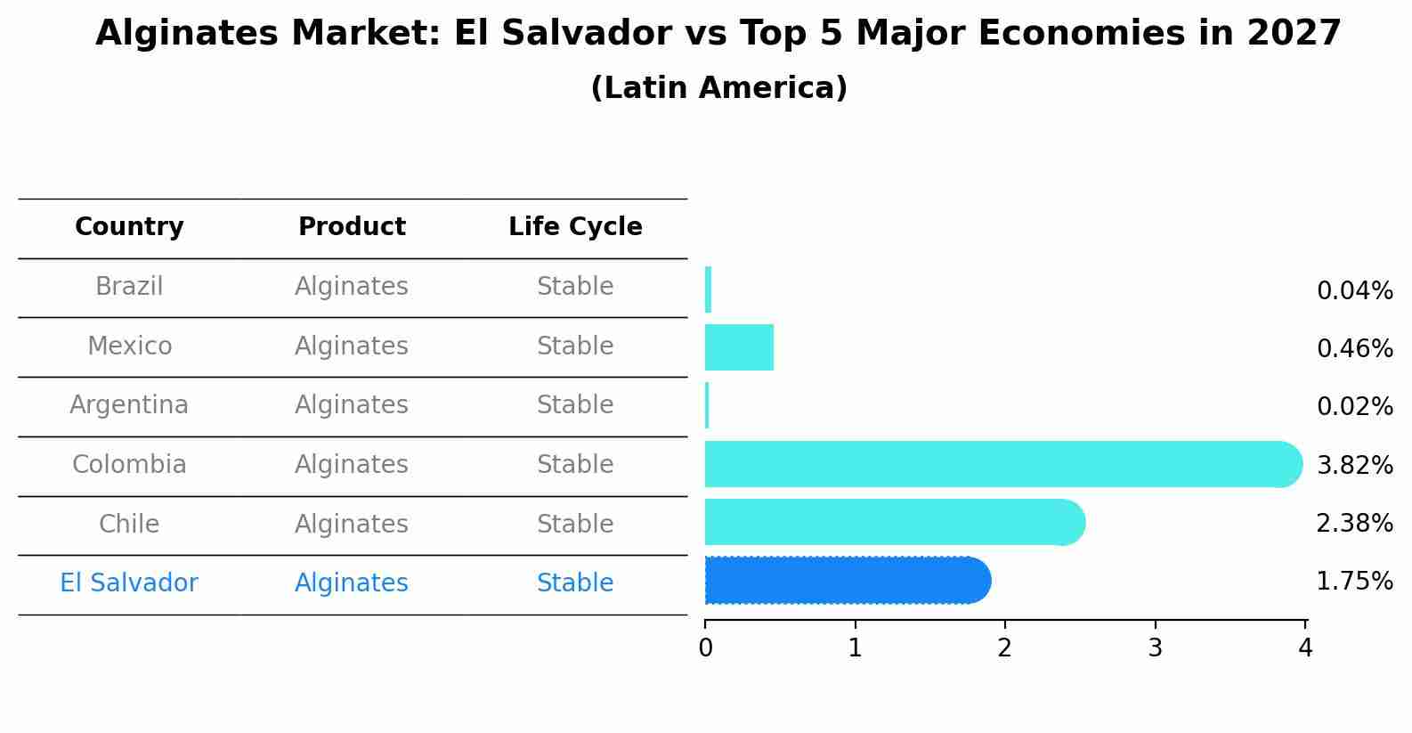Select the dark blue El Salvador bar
[846, 581]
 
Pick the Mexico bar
[739, 347]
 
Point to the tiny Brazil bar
[708, 289]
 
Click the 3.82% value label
[1354, 465]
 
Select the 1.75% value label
[1354, 582]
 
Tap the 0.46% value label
[1354, 348]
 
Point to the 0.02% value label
[1354, 407]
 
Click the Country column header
[129, 227]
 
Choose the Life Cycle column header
[575, 227]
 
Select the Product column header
[352, 227]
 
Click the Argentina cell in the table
[129, 405]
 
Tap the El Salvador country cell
[129, 583]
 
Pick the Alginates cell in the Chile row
[352, 524]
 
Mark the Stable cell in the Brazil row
[575, 287]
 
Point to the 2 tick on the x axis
[1005, 648]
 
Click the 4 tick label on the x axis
[1305, 648]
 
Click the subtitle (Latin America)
[718, 88]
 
